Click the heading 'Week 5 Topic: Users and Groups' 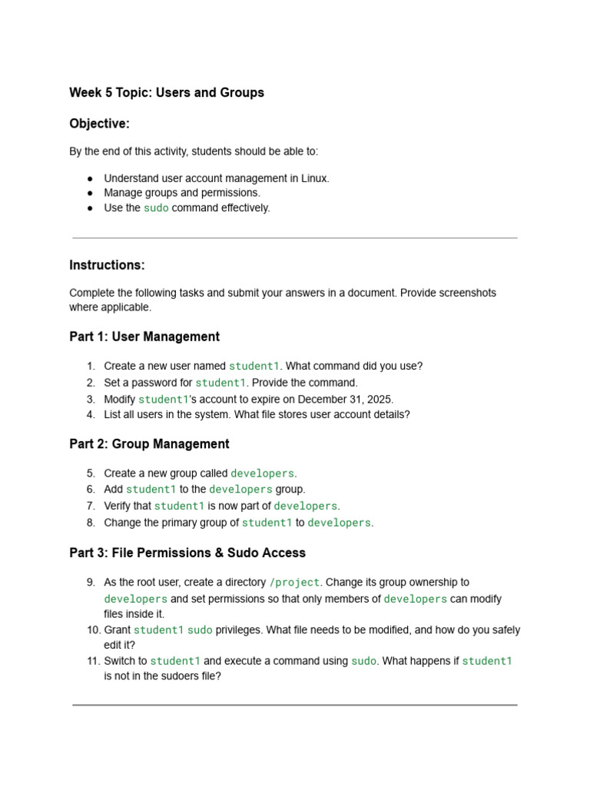167,93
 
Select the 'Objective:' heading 99,124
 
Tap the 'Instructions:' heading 107,265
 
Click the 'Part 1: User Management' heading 144,337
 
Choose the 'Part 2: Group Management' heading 149,444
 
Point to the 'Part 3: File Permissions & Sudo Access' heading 187,553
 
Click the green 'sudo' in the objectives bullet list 156,208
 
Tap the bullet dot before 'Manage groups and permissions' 90,193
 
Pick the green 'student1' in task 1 255,367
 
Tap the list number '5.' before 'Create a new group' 90,473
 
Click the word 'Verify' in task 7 120,506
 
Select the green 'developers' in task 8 339,523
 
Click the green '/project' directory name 294,583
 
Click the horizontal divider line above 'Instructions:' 295,238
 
